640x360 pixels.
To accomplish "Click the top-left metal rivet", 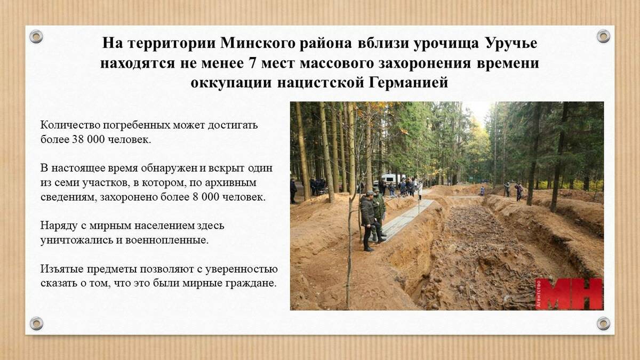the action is pos(36,37).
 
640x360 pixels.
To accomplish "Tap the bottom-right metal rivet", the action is pos(603,323).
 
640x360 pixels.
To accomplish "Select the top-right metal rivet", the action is pos(603,36).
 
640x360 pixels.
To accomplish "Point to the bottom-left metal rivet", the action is pos(36,323).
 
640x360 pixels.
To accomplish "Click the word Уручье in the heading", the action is pos(511,44).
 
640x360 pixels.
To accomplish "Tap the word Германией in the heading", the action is pos(409,83).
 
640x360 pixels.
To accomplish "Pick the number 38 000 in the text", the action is pos(86,140).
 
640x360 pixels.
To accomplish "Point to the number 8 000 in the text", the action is pos(206,197).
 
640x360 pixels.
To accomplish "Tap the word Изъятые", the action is pos(62,269).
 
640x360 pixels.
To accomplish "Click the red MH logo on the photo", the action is pos(569,294).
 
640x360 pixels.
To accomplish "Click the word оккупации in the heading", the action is pos(231,83).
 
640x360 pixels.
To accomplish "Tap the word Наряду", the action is pos(59,226).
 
